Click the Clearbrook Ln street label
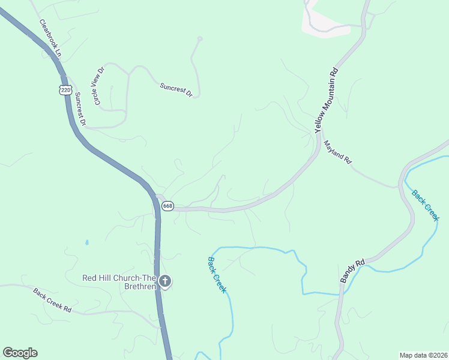click(51, 38)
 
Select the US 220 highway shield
click(65, 90)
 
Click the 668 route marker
click(167, 206)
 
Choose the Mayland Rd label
click(337, 153)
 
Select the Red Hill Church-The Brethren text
click(119, 282)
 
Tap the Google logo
click(20, 353)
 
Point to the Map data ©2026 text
click(423, 355)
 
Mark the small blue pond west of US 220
click(87, 242)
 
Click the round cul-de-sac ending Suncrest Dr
click(200, 39)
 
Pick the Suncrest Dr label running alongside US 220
click(80, 110)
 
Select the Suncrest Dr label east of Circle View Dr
click(175, 90)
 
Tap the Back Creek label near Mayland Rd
click(426, 205)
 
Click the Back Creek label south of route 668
click(217, 275)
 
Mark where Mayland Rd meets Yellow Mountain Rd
click(317, 137)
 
